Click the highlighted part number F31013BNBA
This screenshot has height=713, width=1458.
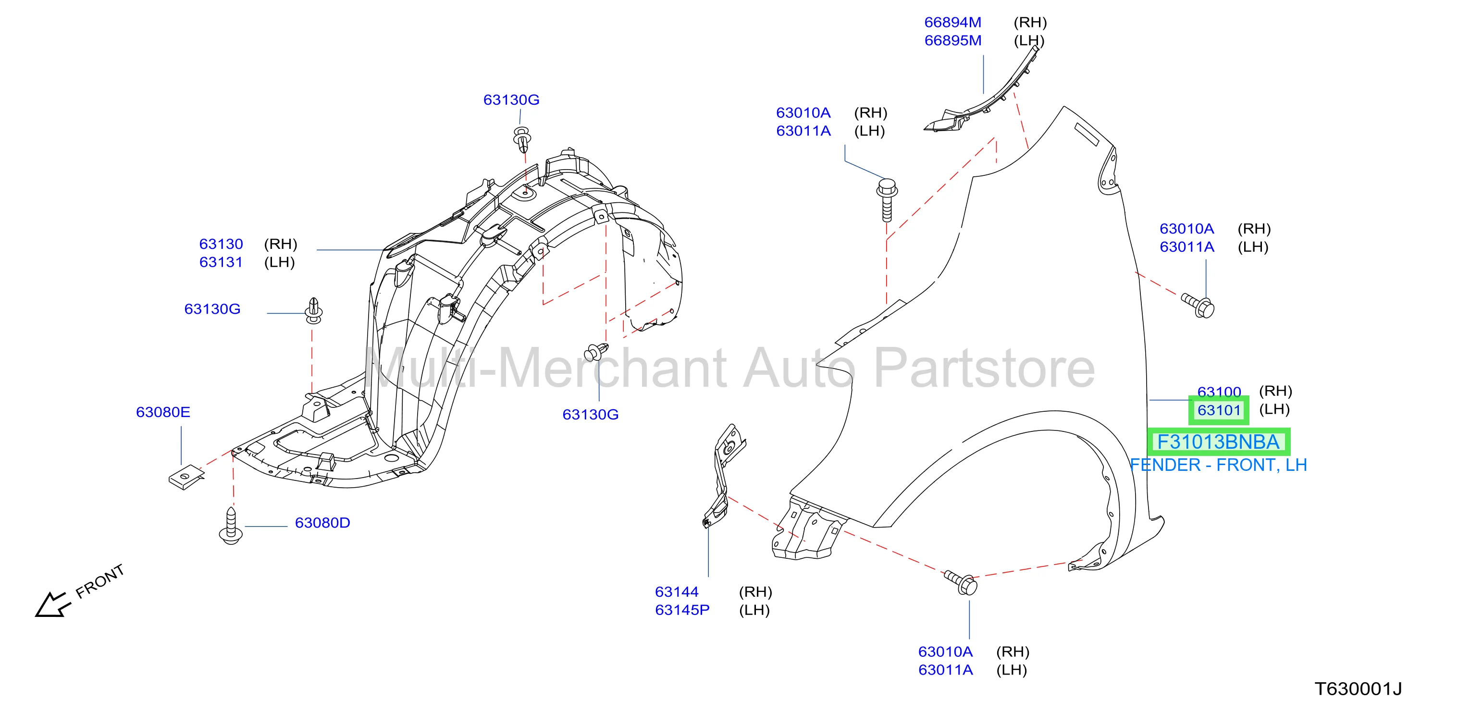pos(1218,442)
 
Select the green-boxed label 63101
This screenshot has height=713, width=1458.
pos(1219,410)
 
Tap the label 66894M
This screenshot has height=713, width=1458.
pos(952,22)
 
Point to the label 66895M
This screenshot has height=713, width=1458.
pos(952,40)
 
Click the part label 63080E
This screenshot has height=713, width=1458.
pos(163,411)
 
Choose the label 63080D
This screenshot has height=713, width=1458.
pos(322,522)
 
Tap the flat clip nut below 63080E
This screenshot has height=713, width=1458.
pos(186,477)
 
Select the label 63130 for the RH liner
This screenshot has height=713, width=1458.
pos(221,244)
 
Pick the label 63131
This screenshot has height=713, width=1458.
pos(221,262)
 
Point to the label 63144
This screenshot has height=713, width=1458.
pos(676,591)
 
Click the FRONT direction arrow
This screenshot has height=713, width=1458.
pos(53,604)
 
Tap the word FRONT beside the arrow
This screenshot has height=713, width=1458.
pos(99,581)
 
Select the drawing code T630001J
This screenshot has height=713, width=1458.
pos(1358,688)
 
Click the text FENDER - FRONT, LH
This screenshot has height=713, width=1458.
pos(1218,465)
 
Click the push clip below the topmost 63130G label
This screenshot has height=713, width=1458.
pos(522,139)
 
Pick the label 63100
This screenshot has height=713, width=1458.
pos(1219,392)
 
